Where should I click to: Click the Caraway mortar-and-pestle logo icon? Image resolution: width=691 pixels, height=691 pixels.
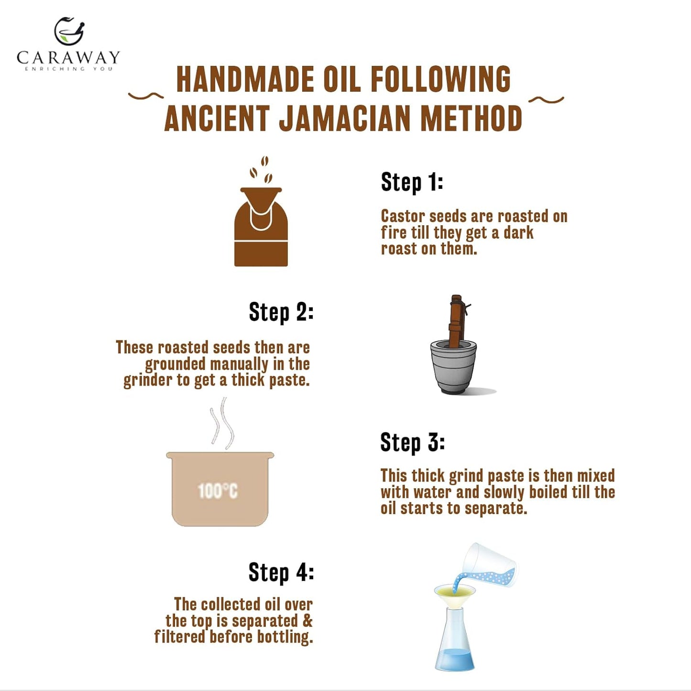tap(69, 32)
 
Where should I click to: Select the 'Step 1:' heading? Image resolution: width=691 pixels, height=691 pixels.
tap(412, 182)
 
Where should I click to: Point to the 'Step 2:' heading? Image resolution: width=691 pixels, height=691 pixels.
tap(281, 313)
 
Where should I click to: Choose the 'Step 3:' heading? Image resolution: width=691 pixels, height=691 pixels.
tap(412, 442)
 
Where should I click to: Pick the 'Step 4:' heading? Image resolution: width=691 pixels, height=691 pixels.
tap(281, 572)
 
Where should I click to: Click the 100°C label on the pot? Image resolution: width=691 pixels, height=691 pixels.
tap(218, 491)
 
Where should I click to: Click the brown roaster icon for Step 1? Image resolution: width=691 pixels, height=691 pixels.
tap(261, 234)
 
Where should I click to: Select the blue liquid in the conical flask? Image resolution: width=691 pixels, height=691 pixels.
tap(454, 659)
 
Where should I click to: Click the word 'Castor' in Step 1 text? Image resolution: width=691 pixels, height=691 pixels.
tap(403, 216)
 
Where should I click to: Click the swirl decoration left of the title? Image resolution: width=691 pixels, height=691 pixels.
tap(145, 96)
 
